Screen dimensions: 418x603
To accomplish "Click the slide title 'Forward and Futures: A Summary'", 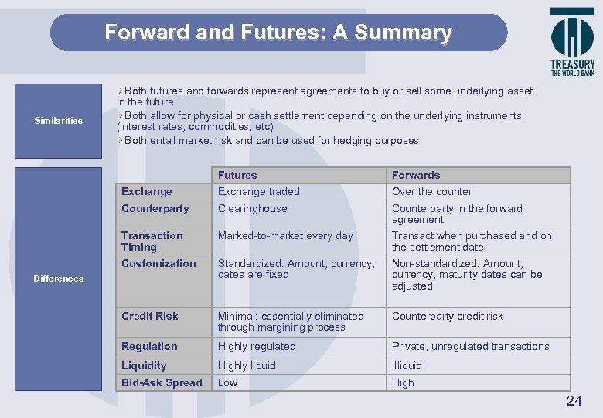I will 278,33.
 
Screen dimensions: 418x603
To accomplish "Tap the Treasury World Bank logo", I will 572,42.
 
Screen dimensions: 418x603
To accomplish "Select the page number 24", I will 574,400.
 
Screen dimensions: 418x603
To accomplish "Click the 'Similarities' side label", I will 59,121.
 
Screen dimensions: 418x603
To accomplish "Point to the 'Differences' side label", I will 59,279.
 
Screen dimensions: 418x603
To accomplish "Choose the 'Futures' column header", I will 237,175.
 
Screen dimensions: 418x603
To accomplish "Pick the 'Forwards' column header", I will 416,175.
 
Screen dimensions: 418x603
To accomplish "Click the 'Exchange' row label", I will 147,191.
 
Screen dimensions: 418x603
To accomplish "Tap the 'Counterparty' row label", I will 155,208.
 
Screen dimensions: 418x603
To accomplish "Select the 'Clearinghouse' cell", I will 252,208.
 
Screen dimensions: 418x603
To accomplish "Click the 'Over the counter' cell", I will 432,191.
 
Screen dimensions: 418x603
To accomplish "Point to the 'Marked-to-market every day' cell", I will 285,235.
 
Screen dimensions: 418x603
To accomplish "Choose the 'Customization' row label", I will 158,263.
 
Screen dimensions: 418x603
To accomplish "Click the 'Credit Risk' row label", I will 150,316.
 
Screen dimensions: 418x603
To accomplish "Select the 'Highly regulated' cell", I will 257,346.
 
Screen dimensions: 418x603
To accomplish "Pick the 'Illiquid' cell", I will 407,365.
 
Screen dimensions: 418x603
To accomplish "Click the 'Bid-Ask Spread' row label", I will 162,382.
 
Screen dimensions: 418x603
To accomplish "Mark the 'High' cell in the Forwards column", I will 403,382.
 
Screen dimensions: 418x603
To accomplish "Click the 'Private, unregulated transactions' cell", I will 471,346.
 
